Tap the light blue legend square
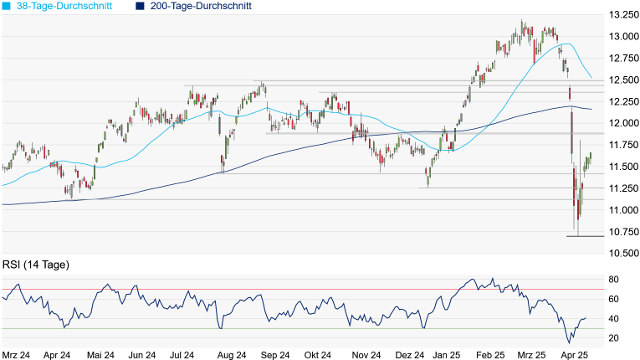click(x=7, y=6)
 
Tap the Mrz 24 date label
click(x=16, y=354)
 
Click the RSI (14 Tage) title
click(x=35, y=265)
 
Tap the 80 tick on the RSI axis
click(x=612, y=280)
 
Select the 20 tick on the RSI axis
click(x=612, y=337)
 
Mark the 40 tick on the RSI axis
click(x=612, y=318)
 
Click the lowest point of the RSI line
click(x=570, y=343)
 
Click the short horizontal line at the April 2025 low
click(x=585, y=236)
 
